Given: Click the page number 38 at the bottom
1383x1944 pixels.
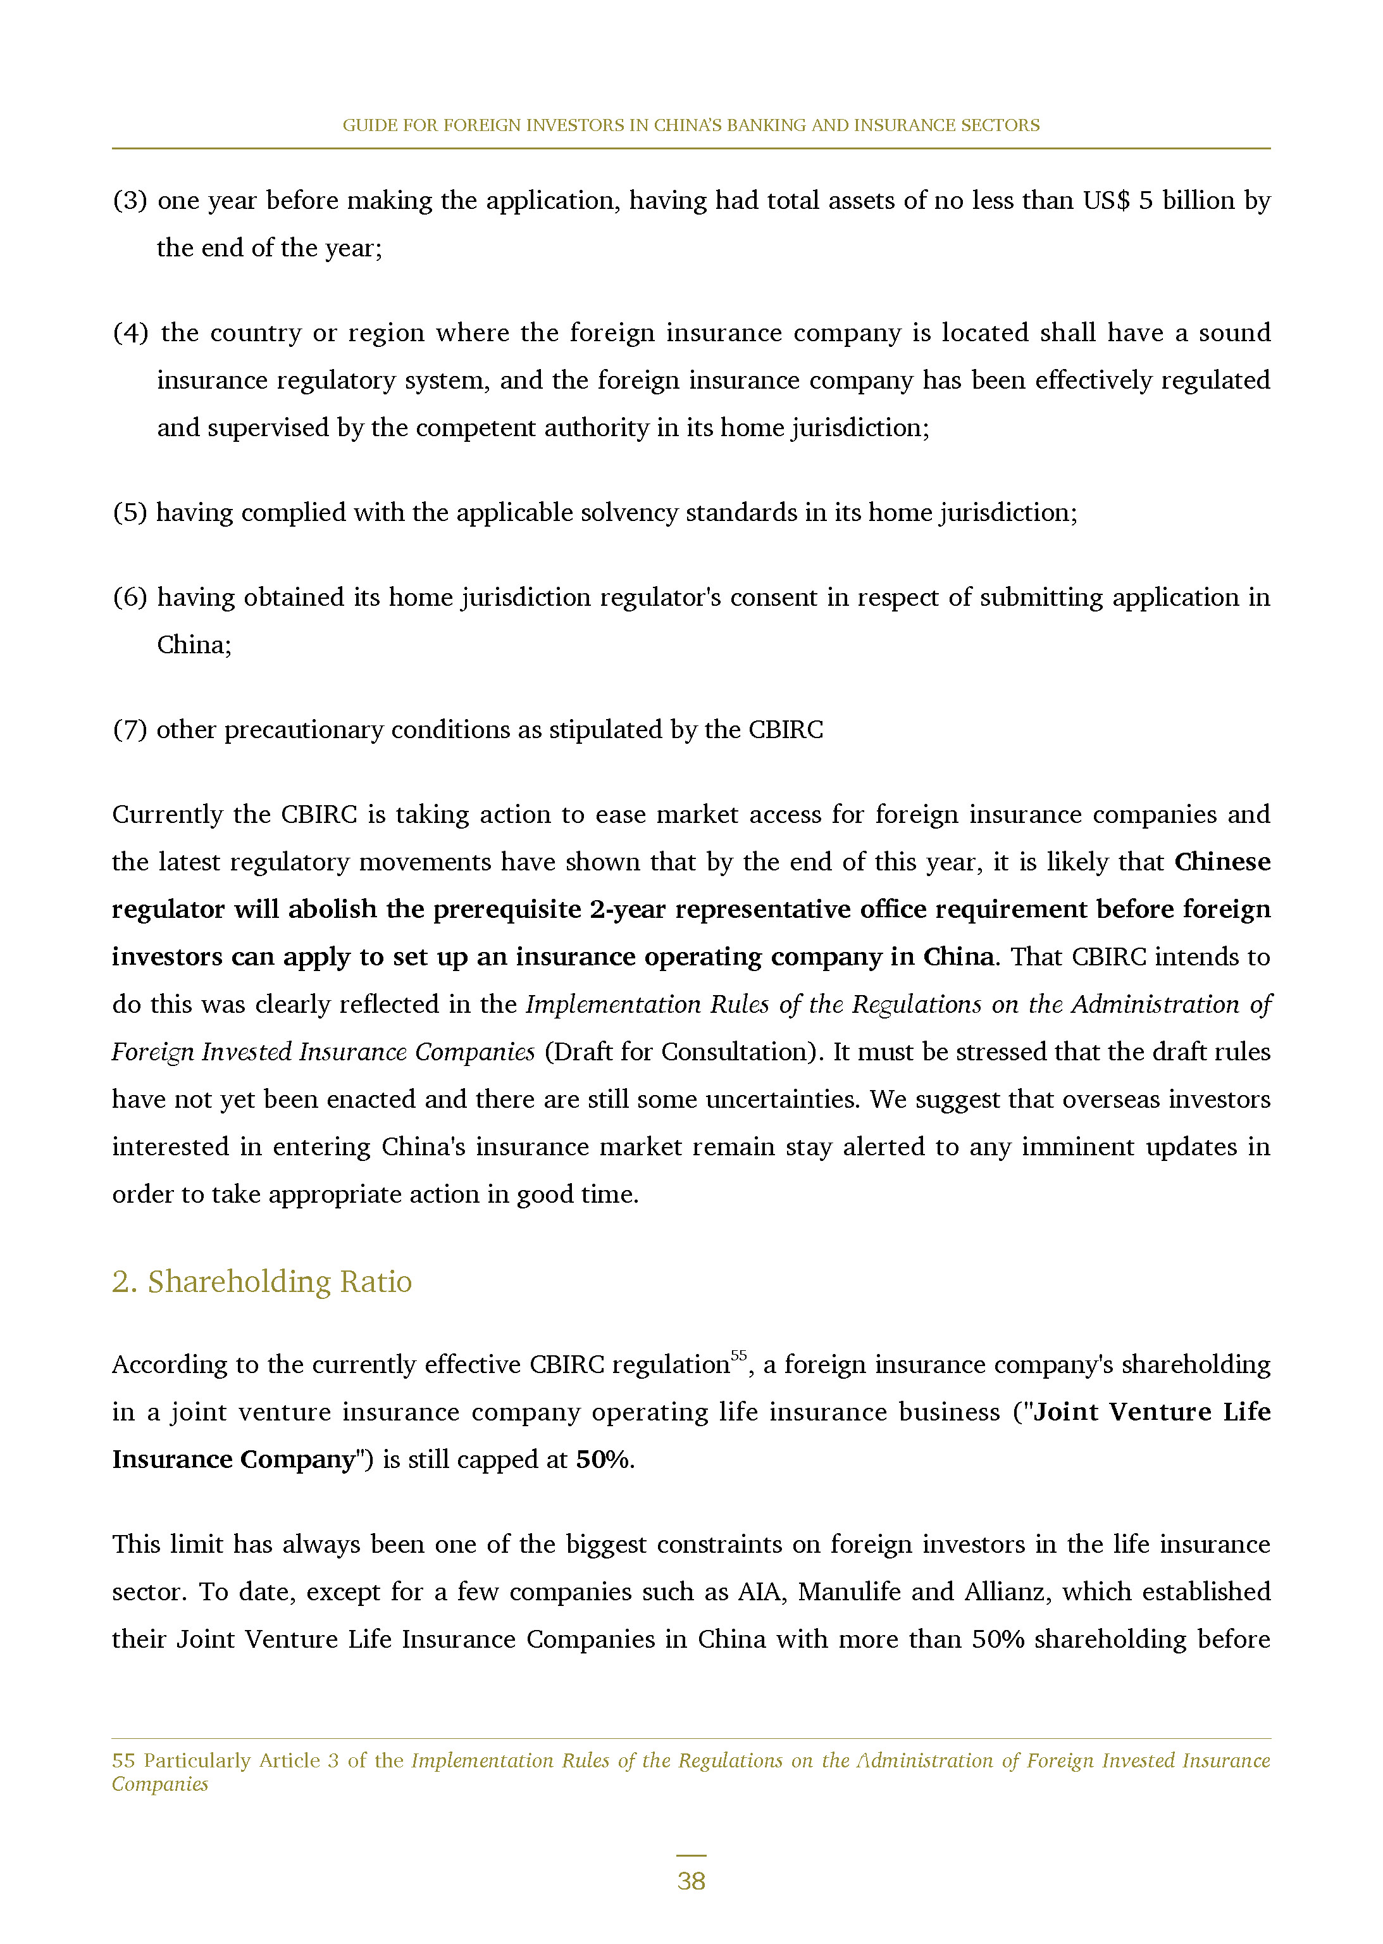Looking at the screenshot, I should (x=691, y=1881).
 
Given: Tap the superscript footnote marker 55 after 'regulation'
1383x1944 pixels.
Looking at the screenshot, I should (x=738, y=1355).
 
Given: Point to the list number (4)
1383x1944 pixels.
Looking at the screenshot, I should (x=130, y=332).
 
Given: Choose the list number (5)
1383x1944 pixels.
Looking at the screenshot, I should (x=130, y=512).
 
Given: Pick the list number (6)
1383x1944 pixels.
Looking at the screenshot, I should (x=130, y=597).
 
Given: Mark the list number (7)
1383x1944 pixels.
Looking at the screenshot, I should (x=130, y=729).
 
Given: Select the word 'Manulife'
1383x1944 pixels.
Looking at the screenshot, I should (x=848, y=1591).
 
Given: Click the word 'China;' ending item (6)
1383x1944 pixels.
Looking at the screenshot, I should (x=194, y=645).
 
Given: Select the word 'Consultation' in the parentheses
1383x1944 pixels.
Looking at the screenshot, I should (x=738, y=1052).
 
